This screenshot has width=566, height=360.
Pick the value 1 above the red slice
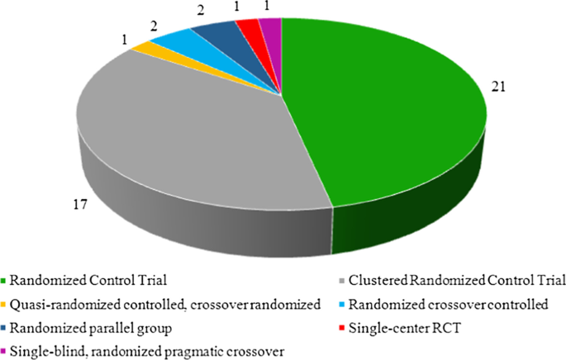coord(239,8)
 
